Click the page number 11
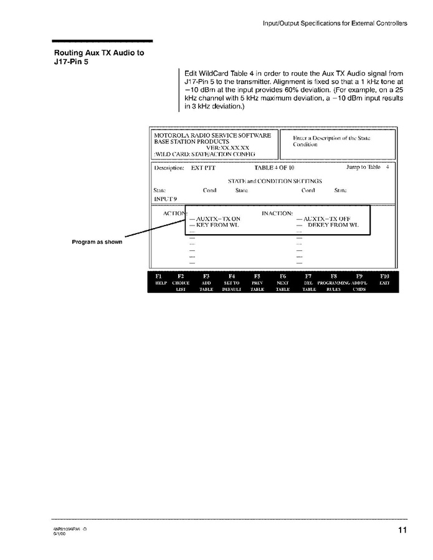pos(403,530)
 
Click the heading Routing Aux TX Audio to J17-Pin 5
pos(98,57)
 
